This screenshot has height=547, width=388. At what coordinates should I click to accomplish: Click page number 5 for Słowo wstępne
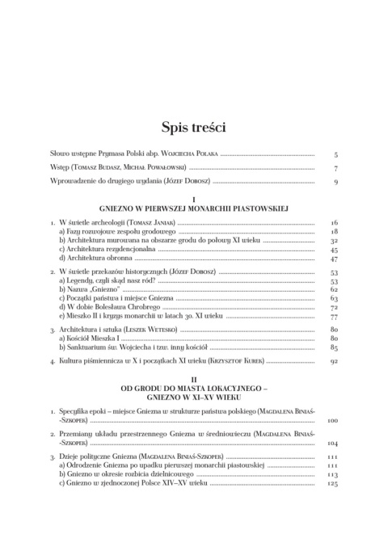(335, 154)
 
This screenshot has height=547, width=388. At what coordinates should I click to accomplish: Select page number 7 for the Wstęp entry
(335, 168)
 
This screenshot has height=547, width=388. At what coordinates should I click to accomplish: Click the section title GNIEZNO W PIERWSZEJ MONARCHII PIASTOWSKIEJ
(193, 208)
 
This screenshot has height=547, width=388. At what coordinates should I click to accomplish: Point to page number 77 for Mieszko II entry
(333, 318)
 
